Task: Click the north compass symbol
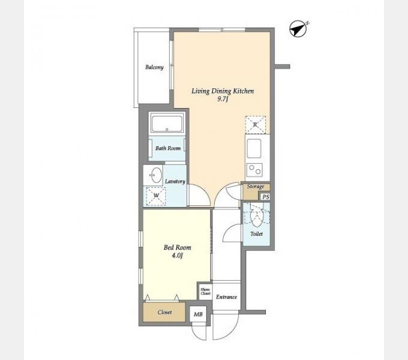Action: click(x=298, y=29)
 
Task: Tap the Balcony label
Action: click(x=154, y=67)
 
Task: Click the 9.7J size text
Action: click(x=223, y=99)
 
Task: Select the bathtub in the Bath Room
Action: click(x=167, y=124)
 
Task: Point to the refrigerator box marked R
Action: click(x=255, y=125)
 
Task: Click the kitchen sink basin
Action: click(x=254, y=148)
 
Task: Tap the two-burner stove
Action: click(x=254, y=170)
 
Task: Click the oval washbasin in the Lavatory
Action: click(x=156, y=175)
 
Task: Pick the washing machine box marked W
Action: click(x=155, y=196)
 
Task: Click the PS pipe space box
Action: click(x=265, y=197)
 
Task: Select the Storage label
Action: click(x=255, y=186)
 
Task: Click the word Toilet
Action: click(x=256, y=234)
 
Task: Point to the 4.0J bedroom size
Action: click(x=177, y=256)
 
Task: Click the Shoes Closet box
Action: click(x=205, y=292)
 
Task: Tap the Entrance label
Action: click(x=226, y=297)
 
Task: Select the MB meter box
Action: click(x=198, y=314)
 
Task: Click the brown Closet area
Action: click(x=164, y=312)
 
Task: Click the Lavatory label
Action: click(x=175, y=181)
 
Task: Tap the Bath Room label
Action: click(x=168, y=148)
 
